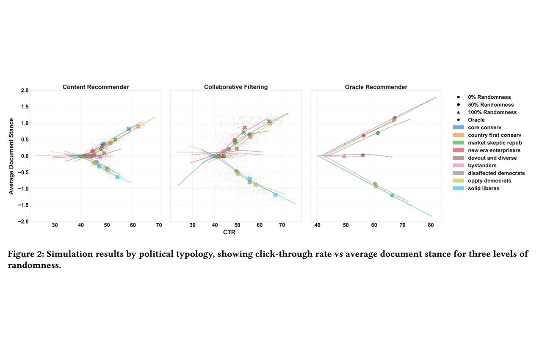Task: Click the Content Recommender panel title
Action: tap(96, 87)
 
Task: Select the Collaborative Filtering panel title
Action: tap(236, 87)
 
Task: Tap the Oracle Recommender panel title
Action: tap(376, 87)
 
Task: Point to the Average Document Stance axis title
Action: tap(11, 156)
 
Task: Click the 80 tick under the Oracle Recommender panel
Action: tap(431, 225)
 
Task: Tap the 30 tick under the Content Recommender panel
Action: tap(55, 225)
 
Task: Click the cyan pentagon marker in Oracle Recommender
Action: tap(392, 195)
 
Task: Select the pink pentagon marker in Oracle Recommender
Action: tap(344, 156)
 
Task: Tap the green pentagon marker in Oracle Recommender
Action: tap(378, 133)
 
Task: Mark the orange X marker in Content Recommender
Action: tap(138, 127)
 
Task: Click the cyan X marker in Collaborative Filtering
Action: tap(276, 195)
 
